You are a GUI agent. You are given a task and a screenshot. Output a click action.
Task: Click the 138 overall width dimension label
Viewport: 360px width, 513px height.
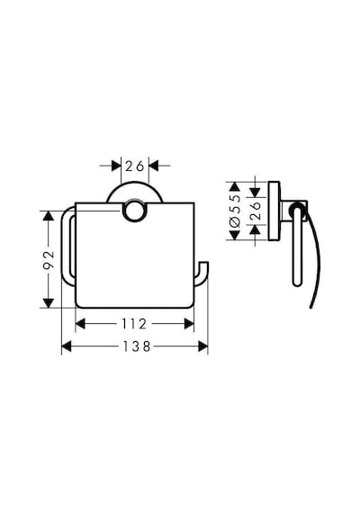click(x=137, y=346)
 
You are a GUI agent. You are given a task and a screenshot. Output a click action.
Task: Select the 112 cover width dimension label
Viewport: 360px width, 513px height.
click(x=134, y=324)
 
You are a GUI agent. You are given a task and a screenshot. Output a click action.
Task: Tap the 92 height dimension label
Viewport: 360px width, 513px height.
click(x=48, y=259)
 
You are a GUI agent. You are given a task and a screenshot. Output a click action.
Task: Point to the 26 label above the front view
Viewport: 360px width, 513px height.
click(x=135, y=166)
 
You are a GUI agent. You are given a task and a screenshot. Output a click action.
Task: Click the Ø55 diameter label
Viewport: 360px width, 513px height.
click(x=235, y=211)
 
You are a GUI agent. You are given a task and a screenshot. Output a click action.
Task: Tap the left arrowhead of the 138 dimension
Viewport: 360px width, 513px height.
click(x=67, y=346)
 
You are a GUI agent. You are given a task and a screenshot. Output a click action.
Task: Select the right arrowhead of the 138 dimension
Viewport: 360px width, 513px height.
click(x=202, y=346)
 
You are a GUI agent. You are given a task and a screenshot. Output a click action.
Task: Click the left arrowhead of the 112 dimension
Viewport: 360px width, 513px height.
click(x=80, y=324)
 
